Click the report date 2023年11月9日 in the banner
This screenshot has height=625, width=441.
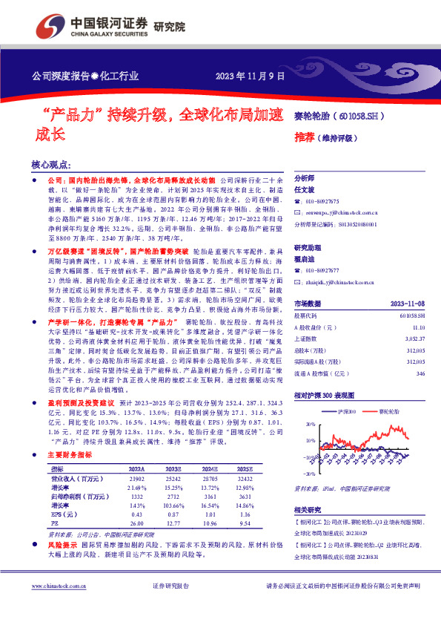click(x=249, y=76)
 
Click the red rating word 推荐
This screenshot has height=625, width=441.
click(x=303, y=137)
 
